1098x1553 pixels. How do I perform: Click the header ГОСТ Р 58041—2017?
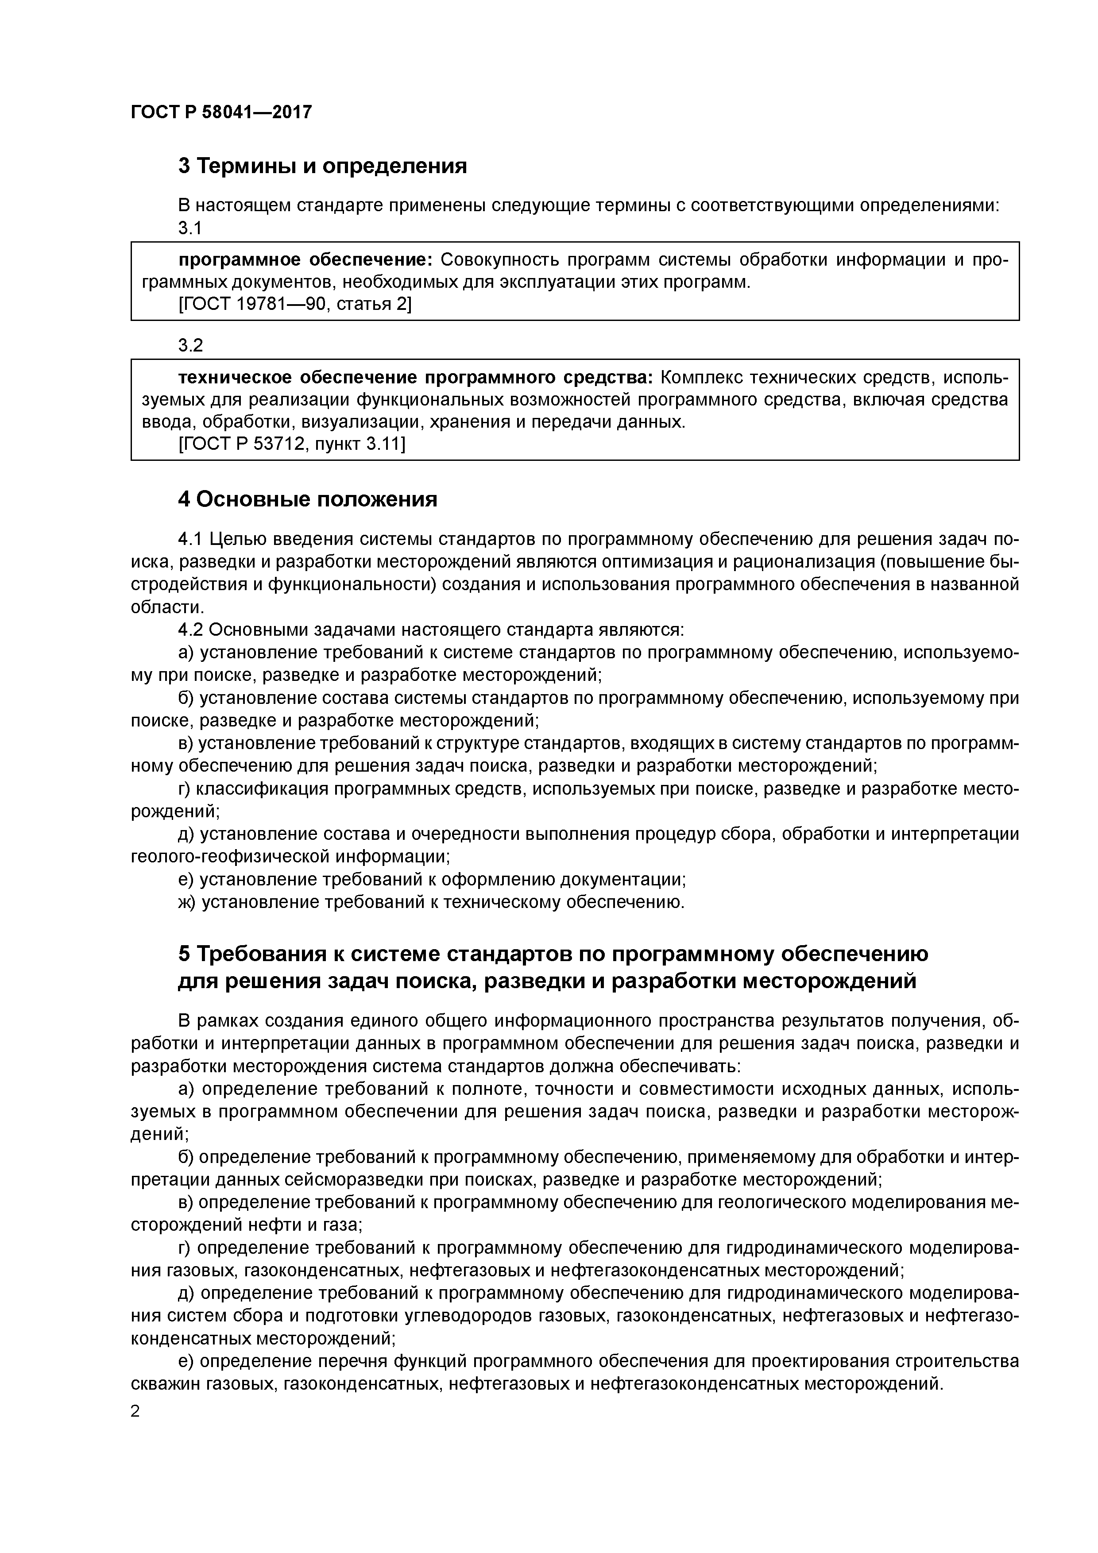click(x=221, y=112)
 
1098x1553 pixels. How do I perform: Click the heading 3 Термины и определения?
click(x=323, y=166)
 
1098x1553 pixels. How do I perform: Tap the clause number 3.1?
click(x=190, y=228)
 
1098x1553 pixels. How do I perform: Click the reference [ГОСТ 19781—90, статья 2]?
click(x=294, y=305)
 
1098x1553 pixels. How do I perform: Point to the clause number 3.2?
click(x=190, y=346)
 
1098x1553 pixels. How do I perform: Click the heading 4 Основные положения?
click(x=308, y=499)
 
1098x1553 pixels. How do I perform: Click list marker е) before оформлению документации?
click(x=186, y=879)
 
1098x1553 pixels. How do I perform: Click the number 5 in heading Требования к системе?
click(x=184, y=954)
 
